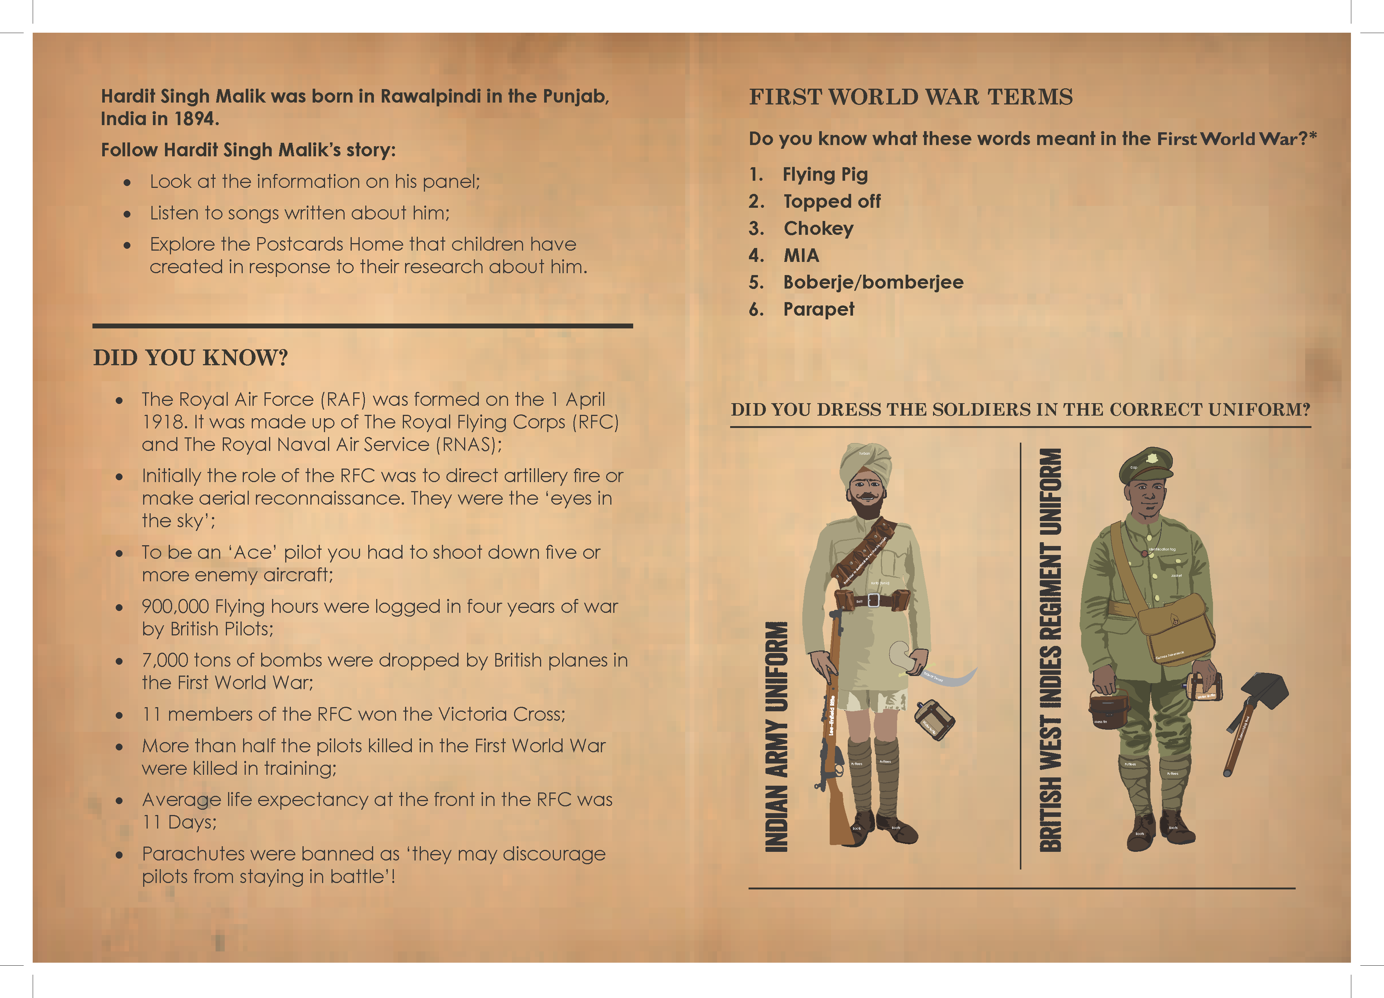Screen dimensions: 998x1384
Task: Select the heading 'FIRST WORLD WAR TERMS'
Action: point(911,97)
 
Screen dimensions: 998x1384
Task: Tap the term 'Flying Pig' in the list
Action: point(825,174)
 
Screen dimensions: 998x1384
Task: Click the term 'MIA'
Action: point(801,255)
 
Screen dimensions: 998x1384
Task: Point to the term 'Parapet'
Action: point(818,309)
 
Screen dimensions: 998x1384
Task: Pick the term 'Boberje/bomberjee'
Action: point(873,283)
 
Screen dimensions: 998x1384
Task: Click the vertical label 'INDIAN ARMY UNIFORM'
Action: point(776,736)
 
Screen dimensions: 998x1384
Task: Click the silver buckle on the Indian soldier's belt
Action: point(873,600)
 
